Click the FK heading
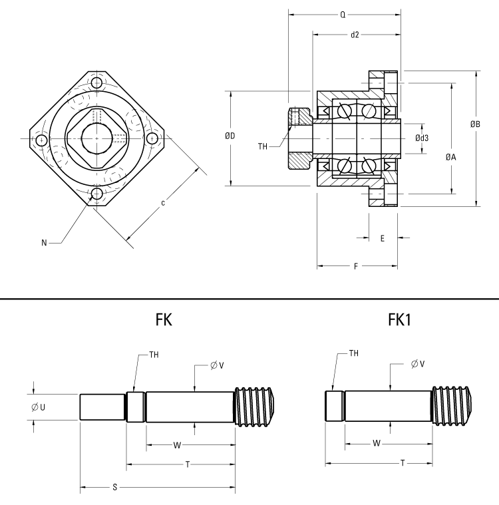click(x=164, y=320)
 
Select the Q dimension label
click(x=343, y=13)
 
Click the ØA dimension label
click(x=451, y=157)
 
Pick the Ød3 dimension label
click(x=421, y=138)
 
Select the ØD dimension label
click(x=230, y=136)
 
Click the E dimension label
click(x=382, y=238)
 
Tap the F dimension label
click(x=356, y=266)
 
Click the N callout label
click(x=45, y=243)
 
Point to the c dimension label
click(x=163, y=202)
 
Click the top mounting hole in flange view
click(x=97, y=84)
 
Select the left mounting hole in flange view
click(x=42, y=140)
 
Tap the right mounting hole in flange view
click(x=152, y=139)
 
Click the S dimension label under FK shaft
click(x=115, y=488)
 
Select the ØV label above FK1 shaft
click(x=419, y=364)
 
